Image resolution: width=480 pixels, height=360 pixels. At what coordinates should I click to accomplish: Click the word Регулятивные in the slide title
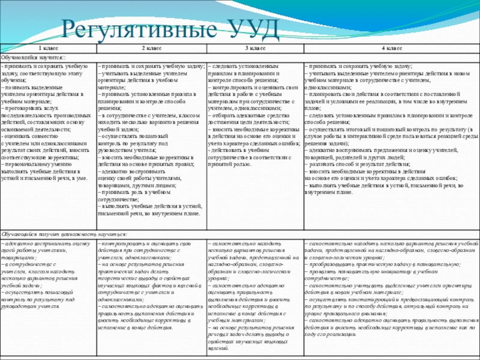coord(137,29)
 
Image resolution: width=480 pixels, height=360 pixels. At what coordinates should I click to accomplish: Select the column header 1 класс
coord(49,48)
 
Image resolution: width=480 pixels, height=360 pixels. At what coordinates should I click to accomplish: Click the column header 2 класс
coord(152,48)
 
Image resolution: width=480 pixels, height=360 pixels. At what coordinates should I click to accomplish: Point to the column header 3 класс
coord(255,48)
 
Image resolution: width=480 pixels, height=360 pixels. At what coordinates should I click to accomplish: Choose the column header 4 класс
coord(392,48)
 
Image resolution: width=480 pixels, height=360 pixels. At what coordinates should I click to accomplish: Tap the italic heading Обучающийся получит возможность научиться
coord(64,234)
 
